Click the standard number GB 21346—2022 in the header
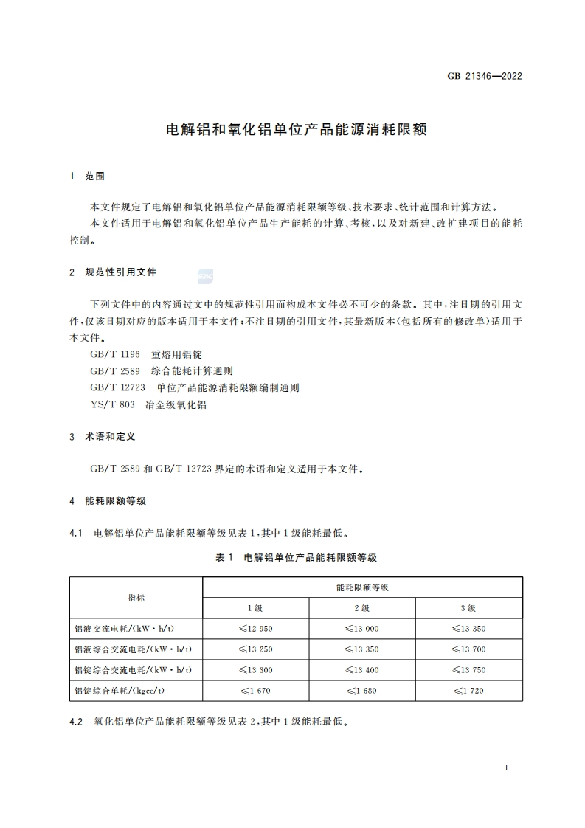pos(485,75)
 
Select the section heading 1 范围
pos(87,176)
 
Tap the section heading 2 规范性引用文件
pos(113,272)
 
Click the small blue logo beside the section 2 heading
pos(205,275)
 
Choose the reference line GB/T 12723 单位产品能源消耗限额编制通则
pos(195,387)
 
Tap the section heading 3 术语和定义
pos(103,437)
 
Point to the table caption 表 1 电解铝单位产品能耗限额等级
pos(296,558)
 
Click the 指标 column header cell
pos(136,598)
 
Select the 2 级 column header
pos(361,608)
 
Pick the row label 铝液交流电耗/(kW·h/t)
pos(129,629)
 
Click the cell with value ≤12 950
pos(256,629)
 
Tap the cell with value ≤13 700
pos(468,649)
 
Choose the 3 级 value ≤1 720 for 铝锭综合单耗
pos(468,691)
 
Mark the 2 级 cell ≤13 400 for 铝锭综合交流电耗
pos(361,670)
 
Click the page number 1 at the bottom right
pos(506,768)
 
